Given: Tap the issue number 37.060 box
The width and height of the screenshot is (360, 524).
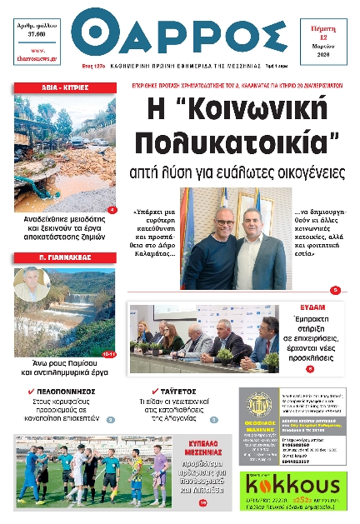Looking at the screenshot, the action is (x=42, y=30).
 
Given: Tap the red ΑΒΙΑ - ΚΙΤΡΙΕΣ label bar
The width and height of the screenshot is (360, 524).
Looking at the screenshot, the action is (x=65, y=88).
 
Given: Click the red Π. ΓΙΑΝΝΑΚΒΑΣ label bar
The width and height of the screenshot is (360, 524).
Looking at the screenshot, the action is (x=65, y=259).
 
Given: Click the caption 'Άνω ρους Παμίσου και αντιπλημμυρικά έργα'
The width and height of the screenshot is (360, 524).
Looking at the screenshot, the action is (x=65, y=369).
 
